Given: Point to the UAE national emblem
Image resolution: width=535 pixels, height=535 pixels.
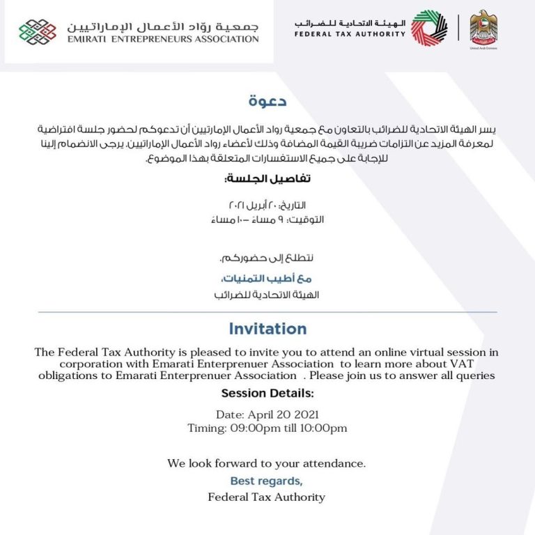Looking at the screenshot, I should pos(483,27).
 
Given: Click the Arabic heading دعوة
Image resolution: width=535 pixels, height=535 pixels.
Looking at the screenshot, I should pos(267,102).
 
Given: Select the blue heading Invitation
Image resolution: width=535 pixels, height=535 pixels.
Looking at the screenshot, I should pos(267,329).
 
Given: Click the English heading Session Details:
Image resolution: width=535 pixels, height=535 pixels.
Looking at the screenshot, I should pos(267,394).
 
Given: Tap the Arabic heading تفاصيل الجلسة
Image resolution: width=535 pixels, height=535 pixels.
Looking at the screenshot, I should pos(267,179).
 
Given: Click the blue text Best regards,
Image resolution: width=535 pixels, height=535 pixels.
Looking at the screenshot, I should pos(267,481).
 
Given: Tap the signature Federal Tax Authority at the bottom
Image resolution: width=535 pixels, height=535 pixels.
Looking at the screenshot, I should pos(267,497).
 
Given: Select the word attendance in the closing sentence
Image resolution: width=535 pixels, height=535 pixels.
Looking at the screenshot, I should pos(332,463).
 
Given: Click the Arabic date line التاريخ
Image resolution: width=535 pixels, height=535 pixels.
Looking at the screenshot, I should pos(267,206).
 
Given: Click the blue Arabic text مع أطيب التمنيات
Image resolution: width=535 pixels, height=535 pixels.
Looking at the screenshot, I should pos(267,279).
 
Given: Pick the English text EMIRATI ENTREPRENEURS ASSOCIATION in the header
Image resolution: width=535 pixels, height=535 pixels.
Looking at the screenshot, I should pos(163,39).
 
